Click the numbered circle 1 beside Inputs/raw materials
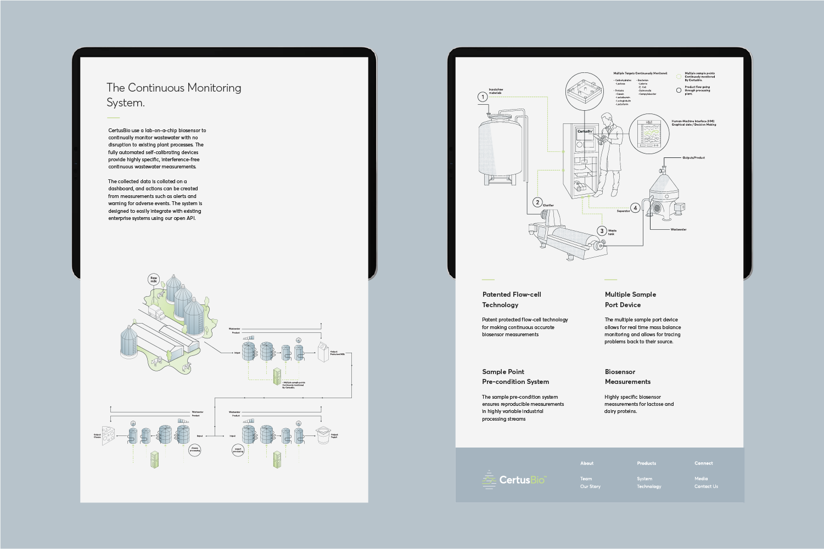click(x=483, y=97)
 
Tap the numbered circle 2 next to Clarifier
click(x=537, y=202)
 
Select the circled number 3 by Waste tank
click(x=602, y=231)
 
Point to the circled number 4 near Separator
click(x=635, y=208)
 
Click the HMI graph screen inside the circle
click(x=649, y=134)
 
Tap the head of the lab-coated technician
click(x=606, y=119)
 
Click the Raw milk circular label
click(x=154, y=279)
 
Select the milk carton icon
click(x=324, y=352)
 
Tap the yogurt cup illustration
click(x=323, y=435)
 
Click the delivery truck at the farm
click(x=156, y=313)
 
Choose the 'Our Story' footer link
click(x=590, y=486)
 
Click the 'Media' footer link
click(x=701, y=479)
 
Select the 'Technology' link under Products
click(x=649, y=486)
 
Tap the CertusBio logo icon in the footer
click(x=489, y=480)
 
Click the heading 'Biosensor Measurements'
click(x=627, y=377)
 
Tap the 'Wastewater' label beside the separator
click(x=678, y=229)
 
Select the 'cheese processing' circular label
click(x=195, y=450)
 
